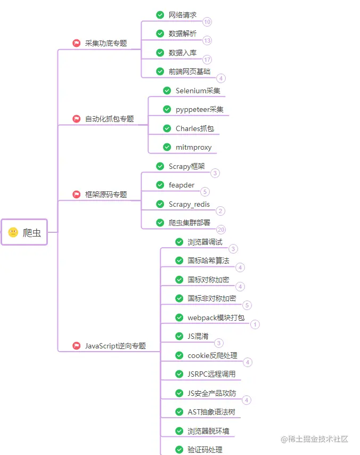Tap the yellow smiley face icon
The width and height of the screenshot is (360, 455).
click(13, 232)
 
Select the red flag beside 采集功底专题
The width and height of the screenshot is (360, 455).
click(77, 43)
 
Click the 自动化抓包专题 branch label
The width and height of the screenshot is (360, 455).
click(109, 119)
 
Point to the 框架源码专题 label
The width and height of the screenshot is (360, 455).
click(106, 194)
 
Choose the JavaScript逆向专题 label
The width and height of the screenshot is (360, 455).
click(115, 346)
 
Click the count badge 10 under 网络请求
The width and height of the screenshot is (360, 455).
click(207, 22)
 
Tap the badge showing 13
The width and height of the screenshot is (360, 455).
click(207, 40)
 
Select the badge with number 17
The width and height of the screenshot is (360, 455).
click(207, 60)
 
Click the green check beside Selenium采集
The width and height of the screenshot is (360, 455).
click(167, 91)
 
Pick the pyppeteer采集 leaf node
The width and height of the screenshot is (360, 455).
click(199, 109)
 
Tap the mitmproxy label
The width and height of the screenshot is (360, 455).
click(193, 147)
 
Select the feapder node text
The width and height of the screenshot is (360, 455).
click(182, 185)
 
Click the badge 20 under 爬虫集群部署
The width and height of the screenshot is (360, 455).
click(221, 230)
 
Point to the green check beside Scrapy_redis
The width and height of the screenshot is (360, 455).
click(160, 204)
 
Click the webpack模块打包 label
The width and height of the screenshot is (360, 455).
click(216, 318)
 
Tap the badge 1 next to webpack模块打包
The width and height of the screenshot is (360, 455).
click(255, 324)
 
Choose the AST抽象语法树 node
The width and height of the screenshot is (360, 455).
click(211, 412)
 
